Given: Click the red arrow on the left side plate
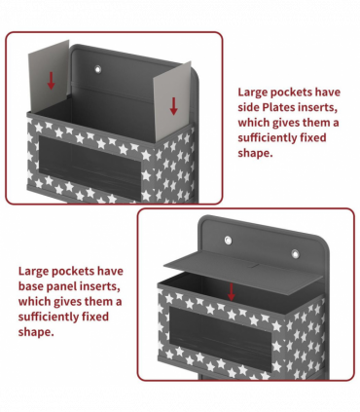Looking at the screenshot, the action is [51, 81].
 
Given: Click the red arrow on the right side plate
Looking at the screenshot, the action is [174, 106].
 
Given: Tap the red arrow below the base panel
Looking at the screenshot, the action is [231, 291].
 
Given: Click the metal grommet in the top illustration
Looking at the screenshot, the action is [97, 69].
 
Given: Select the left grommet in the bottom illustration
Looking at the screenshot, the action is [229, 241].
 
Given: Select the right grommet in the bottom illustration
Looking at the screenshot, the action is [295, 253].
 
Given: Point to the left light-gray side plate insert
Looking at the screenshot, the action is [49, 76].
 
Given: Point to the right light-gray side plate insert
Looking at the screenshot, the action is [172, 101].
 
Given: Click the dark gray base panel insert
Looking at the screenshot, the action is [243, 273].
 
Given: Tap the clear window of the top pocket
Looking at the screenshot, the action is [90, 165].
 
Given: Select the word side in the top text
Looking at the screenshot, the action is [249, 107].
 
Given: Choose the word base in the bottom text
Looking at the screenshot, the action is [31, 286].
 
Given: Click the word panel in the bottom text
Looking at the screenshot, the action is [62, 286].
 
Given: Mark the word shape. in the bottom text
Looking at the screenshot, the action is [36, 332].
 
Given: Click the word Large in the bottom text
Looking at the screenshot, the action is [33, 272].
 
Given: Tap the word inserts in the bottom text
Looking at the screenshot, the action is [100, 286].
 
